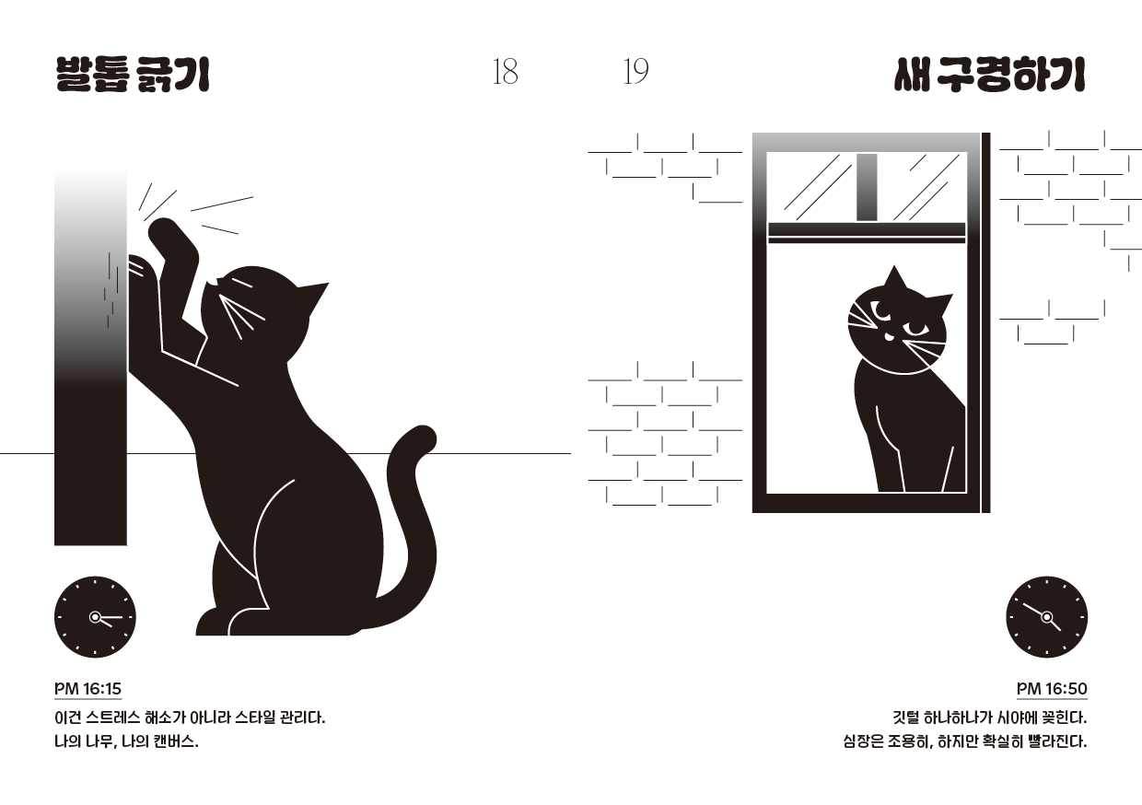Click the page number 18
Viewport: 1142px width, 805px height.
click(x=506, y=72)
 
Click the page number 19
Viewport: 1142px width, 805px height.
click(x=635, y=72)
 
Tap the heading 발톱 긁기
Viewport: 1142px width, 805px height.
click(x=133, y=75)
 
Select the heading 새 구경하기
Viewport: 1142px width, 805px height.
click(x=989, y=75)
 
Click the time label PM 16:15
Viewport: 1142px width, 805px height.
click(x=87, y=689)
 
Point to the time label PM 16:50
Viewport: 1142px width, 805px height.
click(x=1052, y=689)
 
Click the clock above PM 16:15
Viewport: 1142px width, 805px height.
click(x=96, y=617)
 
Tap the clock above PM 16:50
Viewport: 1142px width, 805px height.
click(x=1046, y=617)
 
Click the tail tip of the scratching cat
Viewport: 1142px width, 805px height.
click(x=424, y=437)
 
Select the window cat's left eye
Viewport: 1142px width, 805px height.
click(x=879, y=309)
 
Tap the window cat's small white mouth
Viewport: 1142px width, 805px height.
click(x=888, y=336)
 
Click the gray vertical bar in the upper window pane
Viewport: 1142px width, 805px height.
click(x=867, y=187)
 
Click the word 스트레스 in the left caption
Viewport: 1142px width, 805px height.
click(x=112, y=717)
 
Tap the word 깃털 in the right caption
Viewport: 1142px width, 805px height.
click(x=905, y=717)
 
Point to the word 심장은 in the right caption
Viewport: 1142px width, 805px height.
click(x=863, y=741)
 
